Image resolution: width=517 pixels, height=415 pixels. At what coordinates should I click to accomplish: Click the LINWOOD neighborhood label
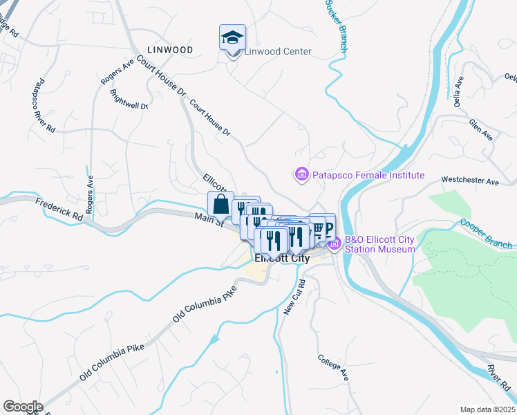[169, 50]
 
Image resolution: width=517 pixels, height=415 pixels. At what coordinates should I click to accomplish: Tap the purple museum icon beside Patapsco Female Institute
[301, 176]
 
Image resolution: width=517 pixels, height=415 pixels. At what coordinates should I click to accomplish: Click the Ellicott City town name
[283, 259]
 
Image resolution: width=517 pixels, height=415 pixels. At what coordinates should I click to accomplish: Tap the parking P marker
[328, 228]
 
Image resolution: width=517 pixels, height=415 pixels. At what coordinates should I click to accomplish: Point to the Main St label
[209, 221]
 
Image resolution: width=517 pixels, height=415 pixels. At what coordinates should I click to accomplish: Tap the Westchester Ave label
[470, 181]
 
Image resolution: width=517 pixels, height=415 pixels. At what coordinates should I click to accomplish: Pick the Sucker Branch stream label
[336, 26]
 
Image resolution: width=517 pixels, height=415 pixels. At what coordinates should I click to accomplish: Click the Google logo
[23, 407]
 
